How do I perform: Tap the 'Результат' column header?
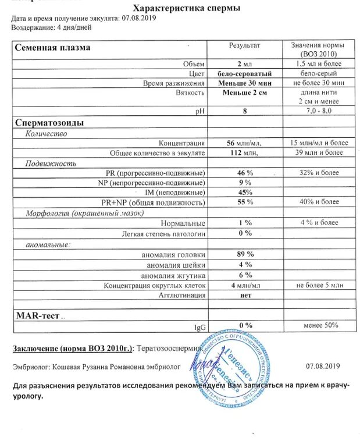click(x=244, y=45)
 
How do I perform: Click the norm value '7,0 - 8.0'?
click(x=317, y=110)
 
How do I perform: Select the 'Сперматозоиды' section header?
click(x=49, y=123)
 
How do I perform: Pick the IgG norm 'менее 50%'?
click(x=317, y=325)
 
